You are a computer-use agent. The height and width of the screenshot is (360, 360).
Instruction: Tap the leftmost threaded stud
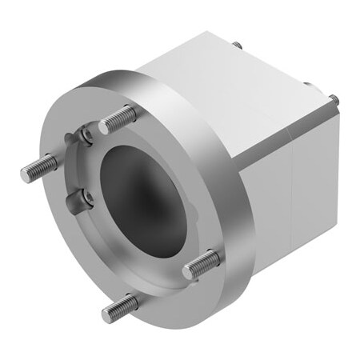(x=38, y=166)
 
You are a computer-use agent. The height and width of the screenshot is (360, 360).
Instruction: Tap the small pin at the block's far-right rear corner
(x=334, y=100)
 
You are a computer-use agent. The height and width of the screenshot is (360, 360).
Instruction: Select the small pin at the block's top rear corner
(x=238, y=46)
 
